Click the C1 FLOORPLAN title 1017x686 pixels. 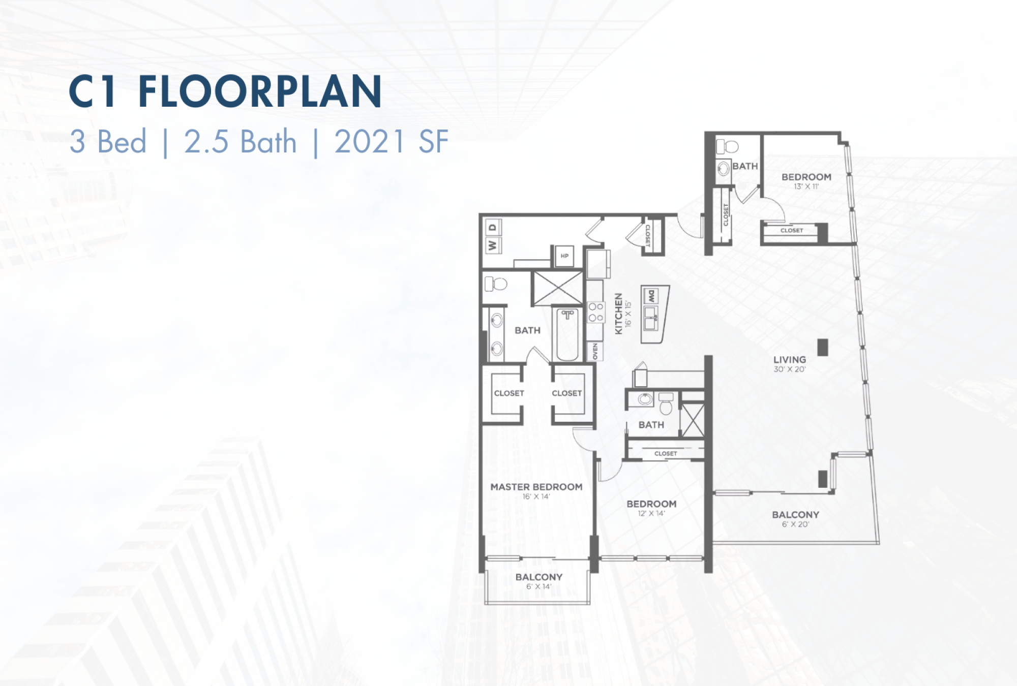[x=225, y=91]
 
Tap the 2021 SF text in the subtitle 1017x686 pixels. [x=392, y=141]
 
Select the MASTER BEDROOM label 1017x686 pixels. [x=536, y=487]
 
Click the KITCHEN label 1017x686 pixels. [x=619, y=314]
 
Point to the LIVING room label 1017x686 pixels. [x=790, y=359]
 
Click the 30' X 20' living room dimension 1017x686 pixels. [x=790, y=369]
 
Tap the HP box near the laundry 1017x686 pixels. [x=564, y=256]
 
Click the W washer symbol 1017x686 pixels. [x=492, y=245]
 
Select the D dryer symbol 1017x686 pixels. [x=492, y=228]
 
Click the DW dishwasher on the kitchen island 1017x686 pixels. [x=651, y=296]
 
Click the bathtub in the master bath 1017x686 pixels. [x=567, y=334]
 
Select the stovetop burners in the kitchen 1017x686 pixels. [x=596, y=312]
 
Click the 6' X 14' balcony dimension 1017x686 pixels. [x=539, y=587]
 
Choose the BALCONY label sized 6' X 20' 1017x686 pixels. [x=796, y=515]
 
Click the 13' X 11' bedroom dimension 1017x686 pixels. [x=806, y=186]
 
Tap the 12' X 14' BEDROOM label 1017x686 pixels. [x=651, y=504]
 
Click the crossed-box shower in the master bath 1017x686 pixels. [x=557, y=289]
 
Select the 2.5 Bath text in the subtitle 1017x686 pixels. [x=240, y=141]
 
